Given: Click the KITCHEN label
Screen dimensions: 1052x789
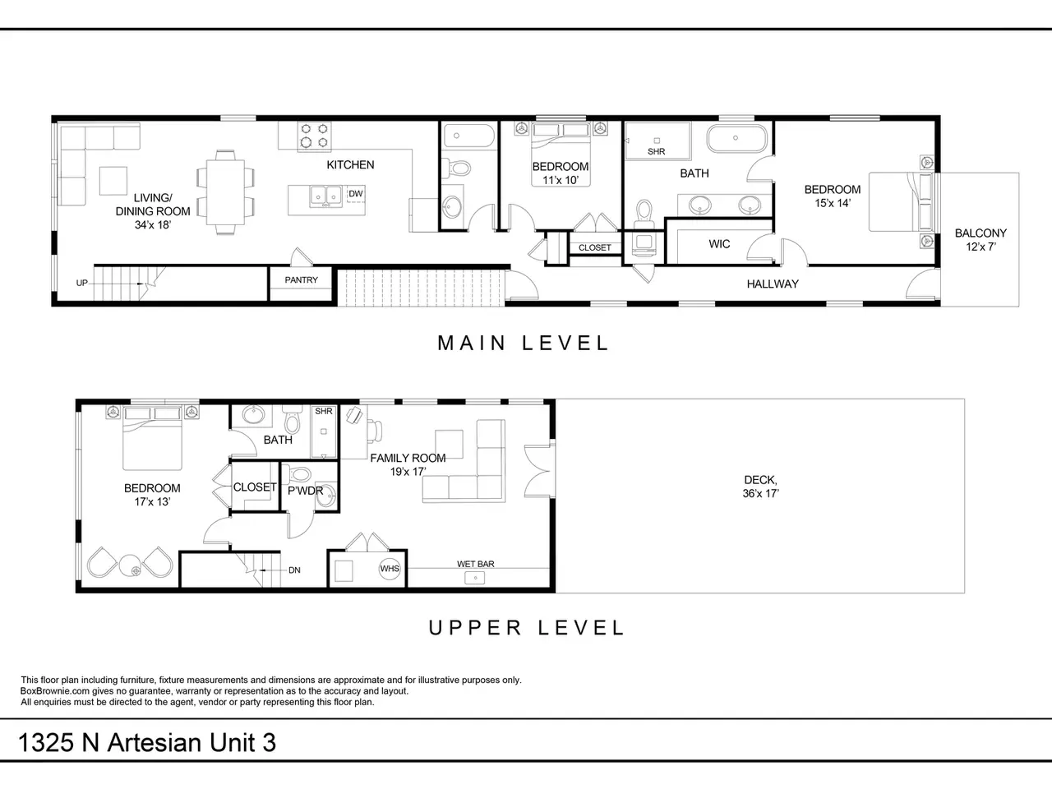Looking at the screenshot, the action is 350,165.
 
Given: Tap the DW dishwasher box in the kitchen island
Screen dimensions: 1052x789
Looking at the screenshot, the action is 356,193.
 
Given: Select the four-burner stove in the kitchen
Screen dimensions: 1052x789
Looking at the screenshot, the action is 315,136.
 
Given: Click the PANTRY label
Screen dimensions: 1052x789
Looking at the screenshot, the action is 301,279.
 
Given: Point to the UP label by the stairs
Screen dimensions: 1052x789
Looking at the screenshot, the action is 82,283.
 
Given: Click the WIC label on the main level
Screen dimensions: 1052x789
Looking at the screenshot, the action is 719,244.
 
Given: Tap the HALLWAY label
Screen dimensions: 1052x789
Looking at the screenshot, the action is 773,284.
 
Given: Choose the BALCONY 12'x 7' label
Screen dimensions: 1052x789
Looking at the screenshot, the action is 980,240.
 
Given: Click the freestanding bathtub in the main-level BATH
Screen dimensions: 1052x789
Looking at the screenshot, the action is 736,138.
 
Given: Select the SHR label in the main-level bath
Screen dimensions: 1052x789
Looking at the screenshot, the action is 656,151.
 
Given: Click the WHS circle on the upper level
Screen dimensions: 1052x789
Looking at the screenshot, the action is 390,569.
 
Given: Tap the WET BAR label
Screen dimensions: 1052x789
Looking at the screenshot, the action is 475,564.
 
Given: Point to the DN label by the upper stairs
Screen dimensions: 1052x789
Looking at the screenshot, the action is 294,570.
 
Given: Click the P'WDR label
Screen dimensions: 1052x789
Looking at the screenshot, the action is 305,491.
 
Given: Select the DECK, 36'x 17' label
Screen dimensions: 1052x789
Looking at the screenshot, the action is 760,487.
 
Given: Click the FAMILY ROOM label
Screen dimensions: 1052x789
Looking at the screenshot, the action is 408,459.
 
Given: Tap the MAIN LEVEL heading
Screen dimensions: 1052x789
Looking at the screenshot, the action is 523,343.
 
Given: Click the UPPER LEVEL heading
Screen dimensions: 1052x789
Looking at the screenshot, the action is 526,628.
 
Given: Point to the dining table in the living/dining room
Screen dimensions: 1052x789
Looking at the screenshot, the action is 225,192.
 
